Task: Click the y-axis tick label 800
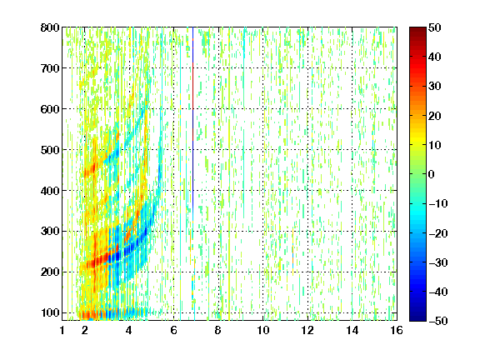pyautogui.click(x=50, y=27)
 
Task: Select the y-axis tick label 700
pyautogui.click(x=50, y=68)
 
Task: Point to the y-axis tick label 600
pyautogui.click(x=50, y=109)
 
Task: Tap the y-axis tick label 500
pyautogui.click(x=50, y=150)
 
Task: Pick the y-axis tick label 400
pyautogui.click(x=50, y=191)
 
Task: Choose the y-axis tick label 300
pyautogui.click(x=50, y=231)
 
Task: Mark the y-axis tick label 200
pyautogui.click(x=50, y=272)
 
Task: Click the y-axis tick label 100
pyautogui.click(x=50, y=312)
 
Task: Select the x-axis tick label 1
pyautogui.click(x=62, y=330)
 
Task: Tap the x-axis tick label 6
pyautogui.click(x=174, y=330)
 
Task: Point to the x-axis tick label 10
pyautogui.click(x=263, y=330)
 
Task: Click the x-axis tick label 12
pyautogui.click(x=307, y=330)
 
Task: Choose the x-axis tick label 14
pyautogui.click(x=352, y=330)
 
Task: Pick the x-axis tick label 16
pyautogui.click(x=397, y=330)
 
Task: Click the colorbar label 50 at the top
pyautogui.click(x=434, y=27)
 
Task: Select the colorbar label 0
pyautogui.click(x=432, y=174)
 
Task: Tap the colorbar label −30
pyautogui.click(x=438, y=262)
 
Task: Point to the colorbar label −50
pyautogui.click(x=438, y=321)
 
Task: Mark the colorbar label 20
pyautogui.click(x=434, y=116)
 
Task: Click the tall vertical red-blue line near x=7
pyautogui.click(x=192, y=122)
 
